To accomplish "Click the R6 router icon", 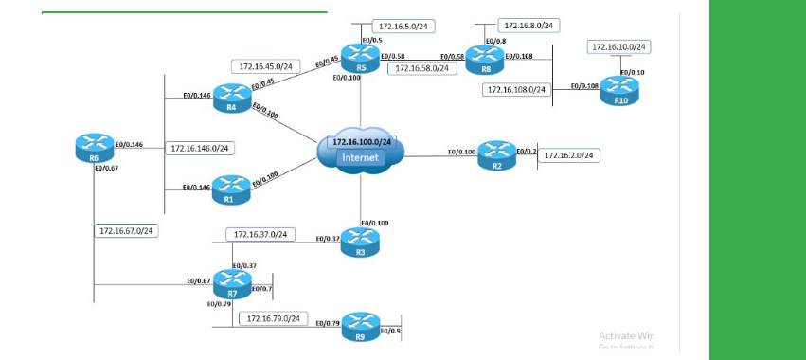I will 93,147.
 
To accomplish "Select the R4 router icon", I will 231,96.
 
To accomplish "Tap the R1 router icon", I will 230,189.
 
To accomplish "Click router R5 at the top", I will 361,57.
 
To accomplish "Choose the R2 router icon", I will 496,153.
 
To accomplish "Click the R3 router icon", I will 360,241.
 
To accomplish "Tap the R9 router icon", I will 360,325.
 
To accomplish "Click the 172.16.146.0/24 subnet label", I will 200,148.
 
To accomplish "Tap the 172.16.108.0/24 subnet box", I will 516,89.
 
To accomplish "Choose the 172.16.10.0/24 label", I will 619,46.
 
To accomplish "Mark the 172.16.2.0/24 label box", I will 569,155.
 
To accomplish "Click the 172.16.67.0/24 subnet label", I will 128,230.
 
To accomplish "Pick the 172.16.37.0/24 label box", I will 260,234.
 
